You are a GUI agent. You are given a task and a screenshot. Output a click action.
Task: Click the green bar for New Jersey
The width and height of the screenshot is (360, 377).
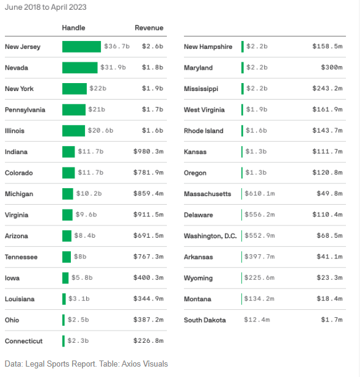(x=81, y=46)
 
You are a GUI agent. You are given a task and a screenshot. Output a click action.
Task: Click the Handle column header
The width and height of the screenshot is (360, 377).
(x=73, y=28)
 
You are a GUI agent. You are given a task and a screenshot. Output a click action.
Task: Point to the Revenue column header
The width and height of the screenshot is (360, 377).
(x=149, y=28)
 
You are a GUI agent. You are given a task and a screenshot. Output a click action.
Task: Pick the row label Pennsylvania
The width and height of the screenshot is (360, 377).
(x=25, y=110)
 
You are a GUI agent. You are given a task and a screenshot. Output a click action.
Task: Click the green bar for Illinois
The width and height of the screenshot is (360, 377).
(x=73, y=131)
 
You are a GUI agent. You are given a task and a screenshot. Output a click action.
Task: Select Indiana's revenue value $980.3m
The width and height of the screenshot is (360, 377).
(x=149, y=152)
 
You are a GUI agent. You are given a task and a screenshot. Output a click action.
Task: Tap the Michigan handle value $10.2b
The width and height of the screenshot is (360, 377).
(x=90, y=194)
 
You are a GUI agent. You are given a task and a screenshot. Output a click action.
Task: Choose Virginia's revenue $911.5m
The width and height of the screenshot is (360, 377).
(x=149, y=215)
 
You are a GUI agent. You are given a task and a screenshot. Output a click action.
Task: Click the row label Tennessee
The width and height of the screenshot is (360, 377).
(x=21, y=257)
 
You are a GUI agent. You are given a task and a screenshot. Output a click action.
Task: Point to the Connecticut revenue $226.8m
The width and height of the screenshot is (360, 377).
(x=149, y=341)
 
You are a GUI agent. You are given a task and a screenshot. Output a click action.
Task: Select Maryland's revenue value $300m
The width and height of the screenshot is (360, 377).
(x=332, y=68)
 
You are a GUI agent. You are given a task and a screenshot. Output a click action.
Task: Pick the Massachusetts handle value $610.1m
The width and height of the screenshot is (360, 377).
(x=260, y=194)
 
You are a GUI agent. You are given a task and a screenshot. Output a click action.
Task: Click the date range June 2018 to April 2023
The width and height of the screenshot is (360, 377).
(x=46, y=7)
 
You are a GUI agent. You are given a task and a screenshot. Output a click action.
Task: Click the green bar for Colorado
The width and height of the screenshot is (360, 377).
(x=68, y=173)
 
